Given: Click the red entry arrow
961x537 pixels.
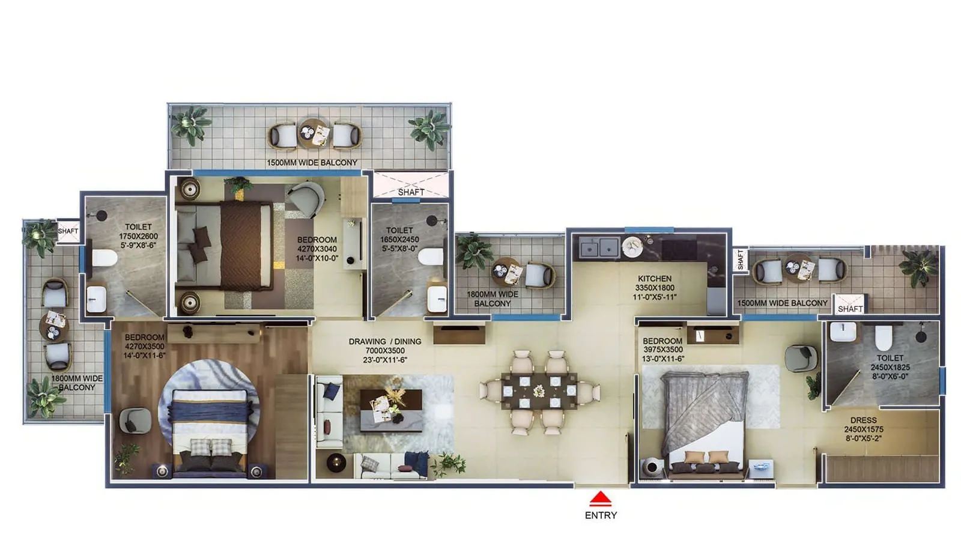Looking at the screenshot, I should (600, 499).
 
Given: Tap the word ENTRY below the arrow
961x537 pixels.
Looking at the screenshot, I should (601, 515).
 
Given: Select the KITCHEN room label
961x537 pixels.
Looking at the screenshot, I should (655, 279).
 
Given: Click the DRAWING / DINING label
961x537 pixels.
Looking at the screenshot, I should (385, 341).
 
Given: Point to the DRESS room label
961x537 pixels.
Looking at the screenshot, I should (863, 420).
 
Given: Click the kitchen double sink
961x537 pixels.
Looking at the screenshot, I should (599, 247).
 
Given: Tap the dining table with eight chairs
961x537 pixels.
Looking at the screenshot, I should (539, 391).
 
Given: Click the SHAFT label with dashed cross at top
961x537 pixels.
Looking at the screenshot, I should (411, 192).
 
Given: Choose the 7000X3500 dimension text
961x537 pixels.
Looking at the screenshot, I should (385, 351).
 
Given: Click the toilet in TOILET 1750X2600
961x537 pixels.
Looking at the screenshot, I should (103, 258).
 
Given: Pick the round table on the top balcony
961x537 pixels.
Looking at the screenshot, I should (313, 133).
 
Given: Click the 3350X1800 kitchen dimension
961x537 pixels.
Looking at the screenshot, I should (655, 288).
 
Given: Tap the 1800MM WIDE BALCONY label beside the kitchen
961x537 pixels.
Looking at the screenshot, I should (492, 299).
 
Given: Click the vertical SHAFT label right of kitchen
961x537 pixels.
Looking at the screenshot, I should (741, 260).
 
